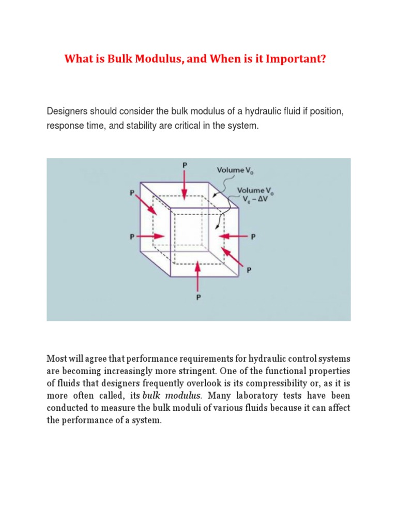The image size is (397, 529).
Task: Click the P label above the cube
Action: [x=185, y=165]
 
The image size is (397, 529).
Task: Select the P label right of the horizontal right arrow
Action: [x=253, y=237]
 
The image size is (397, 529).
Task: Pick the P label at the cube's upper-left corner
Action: [x=132, y=192]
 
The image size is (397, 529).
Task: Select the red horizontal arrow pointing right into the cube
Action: [x=152, y=237]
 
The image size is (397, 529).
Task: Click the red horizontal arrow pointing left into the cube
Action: [x=233, y=237]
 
